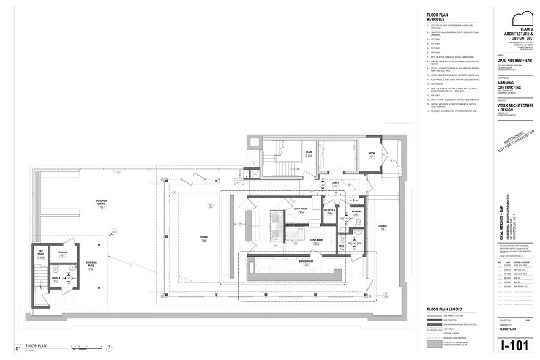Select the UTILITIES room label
[329, 211]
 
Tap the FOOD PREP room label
[316, 241]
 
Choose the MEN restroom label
[342, 247]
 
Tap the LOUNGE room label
[382, 228]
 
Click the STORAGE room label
[62, 252]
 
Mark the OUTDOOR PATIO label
[91, 266]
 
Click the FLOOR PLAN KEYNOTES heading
[439, 17]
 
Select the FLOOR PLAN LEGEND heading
[444, 308]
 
